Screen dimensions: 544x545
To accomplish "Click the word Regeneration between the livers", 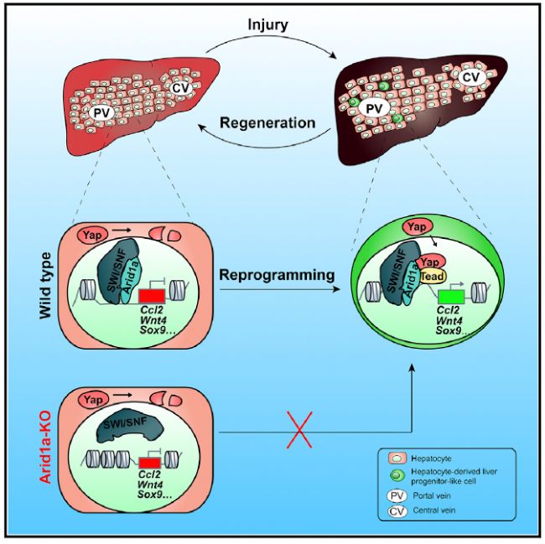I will pos(267,122).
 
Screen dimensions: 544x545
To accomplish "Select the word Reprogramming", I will pos(275,275).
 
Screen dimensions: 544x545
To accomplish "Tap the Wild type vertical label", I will pos(47,288).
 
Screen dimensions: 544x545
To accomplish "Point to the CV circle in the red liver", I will pos(182,85).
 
